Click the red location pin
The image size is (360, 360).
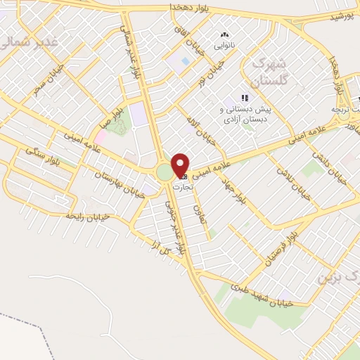181,165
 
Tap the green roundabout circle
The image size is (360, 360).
165,172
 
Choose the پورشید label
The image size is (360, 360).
342,16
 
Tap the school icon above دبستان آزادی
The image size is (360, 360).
245,98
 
